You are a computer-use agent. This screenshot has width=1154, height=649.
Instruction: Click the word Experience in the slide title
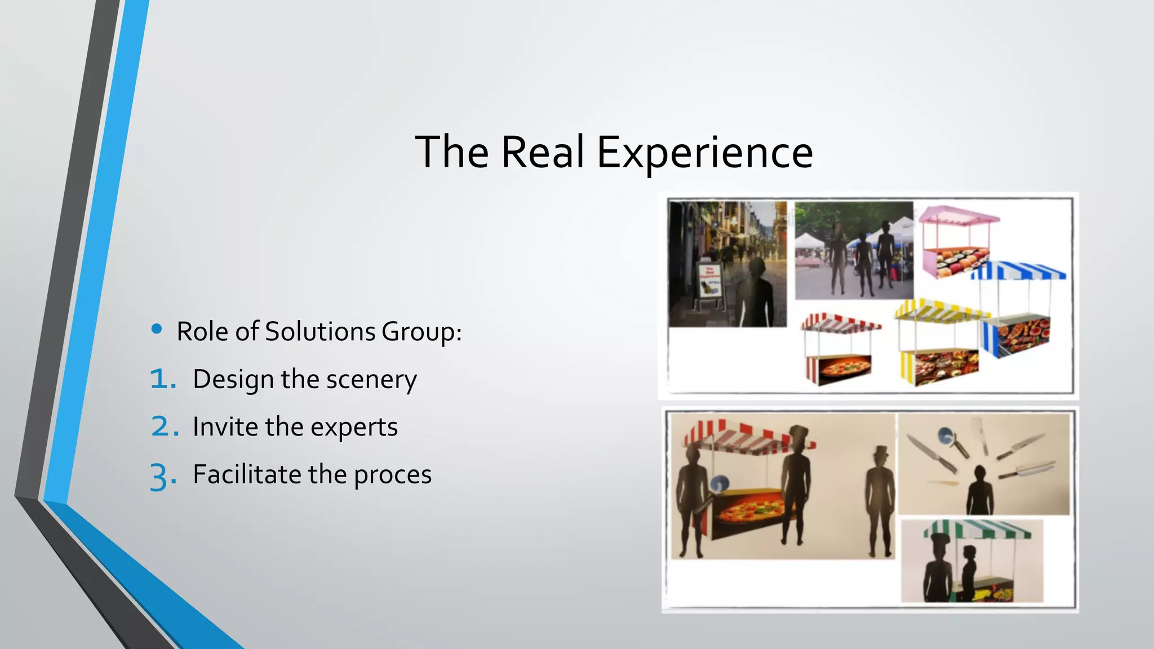click(704, 152)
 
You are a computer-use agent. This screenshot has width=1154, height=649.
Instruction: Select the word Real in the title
click(542, 152)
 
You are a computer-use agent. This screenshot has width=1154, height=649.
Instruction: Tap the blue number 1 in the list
click(162, 379)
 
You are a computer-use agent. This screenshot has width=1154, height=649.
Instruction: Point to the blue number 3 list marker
click(162, 476)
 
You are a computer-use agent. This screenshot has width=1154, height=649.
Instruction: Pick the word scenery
click(371, 380)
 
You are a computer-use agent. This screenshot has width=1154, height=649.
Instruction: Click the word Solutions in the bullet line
click(319, 331)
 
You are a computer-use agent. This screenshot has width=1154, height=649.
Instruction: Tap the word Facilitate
click(246, 474)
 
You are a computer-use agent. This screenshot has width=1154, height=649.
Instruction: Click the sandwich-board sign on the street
click(709, 285)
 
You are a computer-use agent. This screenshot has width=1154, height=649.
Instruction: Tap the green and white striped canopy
click(976, 530)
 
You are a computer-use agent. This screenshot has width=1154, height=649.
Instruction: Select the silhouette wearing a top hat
click(879, 496)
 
